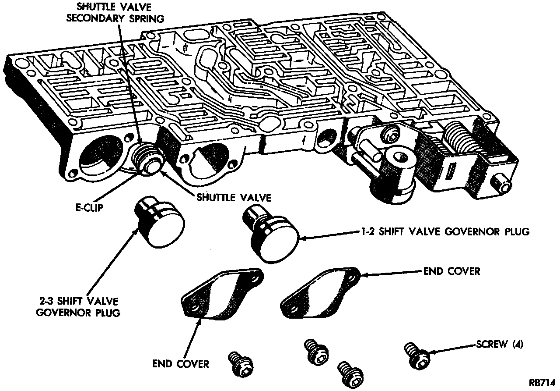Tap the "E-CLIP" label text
(90, 207)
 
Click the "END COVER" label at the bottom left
(181, 364)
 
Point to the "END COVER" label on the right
(452, 271)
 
